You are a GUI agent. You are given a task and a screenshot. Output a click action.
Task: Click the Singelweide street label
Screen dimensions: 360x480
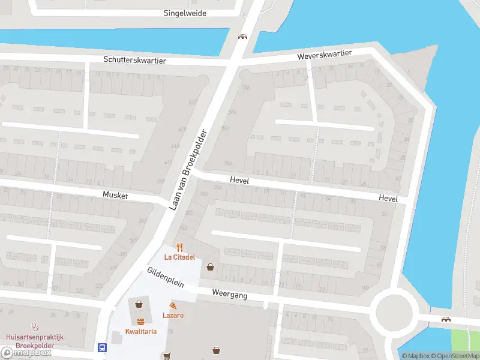click(185, 13)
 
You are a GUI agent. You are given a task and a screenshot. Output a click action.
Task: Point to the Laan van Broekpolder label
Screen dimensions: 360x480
click(188, 169)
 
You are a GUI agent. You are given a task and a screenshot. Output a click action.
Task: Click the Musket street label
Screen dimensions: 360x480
click(116, 194)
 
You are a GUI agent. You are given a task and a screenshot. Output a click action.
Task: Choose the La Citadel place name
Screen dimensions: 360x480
click(180, 257)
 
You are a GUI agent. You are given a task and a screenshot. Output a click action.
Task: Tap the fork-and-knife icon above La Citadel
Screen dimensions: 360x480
click(179, 247)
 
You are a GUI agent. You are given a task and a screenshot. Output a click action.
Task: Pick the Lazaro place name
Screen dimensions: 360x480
click(173, 315)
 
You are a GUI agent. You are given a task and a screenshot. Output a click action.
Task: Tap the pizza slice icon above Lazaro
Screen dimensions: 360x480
click(173, 306)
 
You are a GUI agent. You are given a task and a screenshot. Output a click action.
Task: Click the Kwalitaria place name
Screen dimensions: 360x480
click(141, 331)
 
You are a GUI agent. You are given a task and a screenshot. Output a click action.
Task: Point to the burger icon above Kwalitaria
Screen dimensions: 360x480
click(141, 322)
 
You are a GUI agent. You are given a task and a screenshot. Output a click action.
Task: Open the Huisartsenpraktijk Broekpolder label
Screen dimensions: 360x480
click(34, 341)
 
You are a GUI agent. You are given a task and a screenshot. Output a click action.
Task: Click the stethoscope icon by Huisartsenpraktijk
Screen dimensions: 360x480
click(34, 328)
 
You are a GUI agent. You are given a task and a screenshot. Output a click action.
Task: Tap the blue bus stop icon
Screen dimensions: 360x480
click(102, 347)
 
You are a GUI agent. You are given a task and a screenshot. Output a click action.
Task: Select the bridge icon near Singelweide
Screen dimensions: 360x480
click(242, 37)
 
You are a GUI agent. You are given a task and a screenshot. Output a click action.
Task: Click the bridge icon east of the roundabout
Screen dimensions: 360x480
click(446, 319)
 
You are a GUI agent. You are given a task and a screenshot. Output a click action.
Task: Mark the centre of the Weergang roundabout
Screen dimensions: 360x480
click(394, 310)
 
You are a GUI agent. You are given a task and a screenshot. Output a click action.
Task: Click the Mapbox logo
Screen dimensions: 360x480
click(27, 353)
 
